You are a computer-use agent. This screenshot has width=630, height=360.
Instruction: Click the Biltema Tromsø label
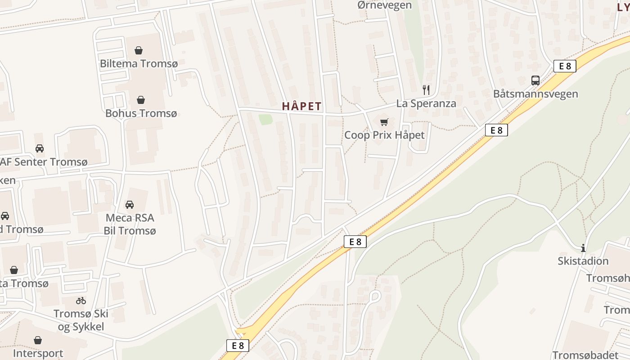coord(139,63)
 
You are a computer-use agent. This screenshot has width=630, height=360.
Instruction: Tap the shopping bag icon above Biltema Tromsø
coord(139,50)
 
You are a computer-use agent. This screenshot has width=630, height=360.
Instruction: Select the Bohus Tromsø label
coord(141,113)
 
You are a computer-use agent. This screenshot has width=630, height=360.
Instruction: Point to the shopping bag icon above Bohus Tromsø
coord(141,99)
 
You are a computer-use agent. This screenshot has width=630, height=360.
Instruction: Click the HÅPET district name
coord(302,107)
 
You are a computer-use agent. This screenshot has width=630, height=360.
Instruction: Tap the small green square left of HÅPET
coord(265,119)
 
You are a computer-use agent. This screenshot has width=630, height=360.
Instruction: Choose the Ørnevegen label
coord(384,5)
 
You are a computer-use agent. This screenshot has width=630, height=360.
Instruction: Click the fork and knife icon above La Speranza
coord(426,90)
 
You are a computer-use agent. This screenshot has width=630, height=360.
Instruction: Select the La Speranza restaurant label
coord(426,103)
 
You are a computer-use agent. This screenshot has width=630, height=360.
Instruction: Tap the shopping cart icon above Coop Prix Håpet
coord(384,122)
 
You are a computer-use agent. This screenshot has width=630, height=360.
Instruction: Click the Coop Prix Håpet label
coord(384,135)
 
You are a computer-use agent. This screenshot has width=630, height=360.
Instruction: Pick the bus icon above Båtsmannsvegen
coord(535,81)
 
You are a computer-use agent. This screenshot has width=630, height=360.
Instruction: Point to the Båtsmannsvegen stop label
coord(535,94)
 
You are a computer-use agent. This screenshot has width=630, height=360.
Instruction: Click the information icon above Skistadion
coord(583,248)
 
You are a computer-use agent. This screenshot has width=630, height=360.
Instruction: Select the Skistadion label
coord(583,261)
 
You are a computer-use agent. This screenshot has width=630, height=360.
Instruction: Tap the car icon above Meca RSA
coord(130,205)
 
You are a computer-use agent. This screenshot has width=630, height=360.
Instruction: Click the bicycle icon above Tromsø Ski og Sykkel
coord(81,301)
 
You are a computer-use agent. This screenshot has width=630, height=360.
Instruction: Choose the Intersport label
coord(38,353)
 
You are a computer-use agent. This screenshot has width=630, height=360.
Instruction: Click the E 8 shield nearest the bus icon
coord(565,66)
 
